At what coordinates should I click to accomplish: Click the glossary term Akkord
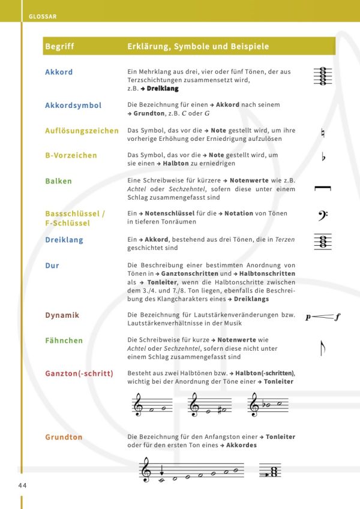(x=59, y=73)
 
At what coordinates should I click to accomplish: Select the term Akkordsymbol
(x=73, y=106)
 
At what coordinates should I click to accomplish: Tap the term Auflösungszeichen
(x=82, y=131)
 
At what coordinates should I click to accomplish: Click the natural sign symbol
(x=323, y=133)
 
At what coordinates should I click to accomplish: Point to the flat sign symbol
(x=323, y=158)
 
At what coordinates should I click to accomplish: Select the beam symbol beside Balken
(x=323, y=189)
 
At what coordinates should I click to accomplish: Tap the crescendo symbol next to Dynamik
(x=322, y=317)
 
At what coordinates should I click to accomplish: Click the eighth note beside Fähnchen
(x=322, y=347)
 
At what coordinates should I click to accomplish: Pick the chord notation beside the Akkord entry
(x=323, y=76)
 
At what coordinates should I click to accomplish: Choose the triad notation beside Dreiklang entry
(x=323, y=242)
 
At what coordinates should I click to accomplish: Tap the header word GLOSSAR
(x=42, y=17)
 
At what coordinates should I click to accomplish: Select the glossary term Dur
(x=52, y=264)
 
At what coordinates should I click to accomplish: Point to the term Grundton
(x=64, y=437)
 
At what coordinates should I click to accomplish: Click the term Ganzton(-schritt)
(x=79, y=374)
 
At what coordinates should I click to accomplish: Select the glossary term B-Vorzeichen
(x=71, y=156)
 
